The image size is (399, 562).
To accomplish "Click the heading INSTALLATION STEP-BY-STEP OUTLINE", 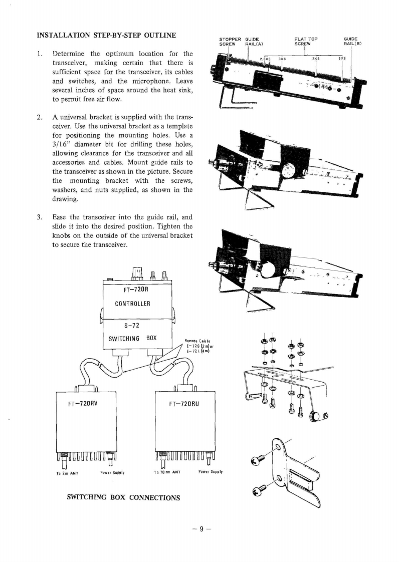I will click(x=106, y=35).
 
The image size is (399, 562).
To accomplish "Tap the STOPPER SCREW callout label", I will click(x=231, y=41).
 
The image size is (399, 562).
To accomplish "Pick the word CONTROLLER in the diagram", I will click(x=137, y=304).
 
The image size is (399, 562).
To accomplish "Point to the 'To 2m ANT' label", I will click(x=66, y=472).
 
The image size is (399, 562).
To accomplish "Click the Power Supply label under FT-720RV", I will click(x=112, y=472).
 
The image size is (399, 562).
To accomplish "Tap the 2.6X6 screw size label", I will click(x=265, y=59).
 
